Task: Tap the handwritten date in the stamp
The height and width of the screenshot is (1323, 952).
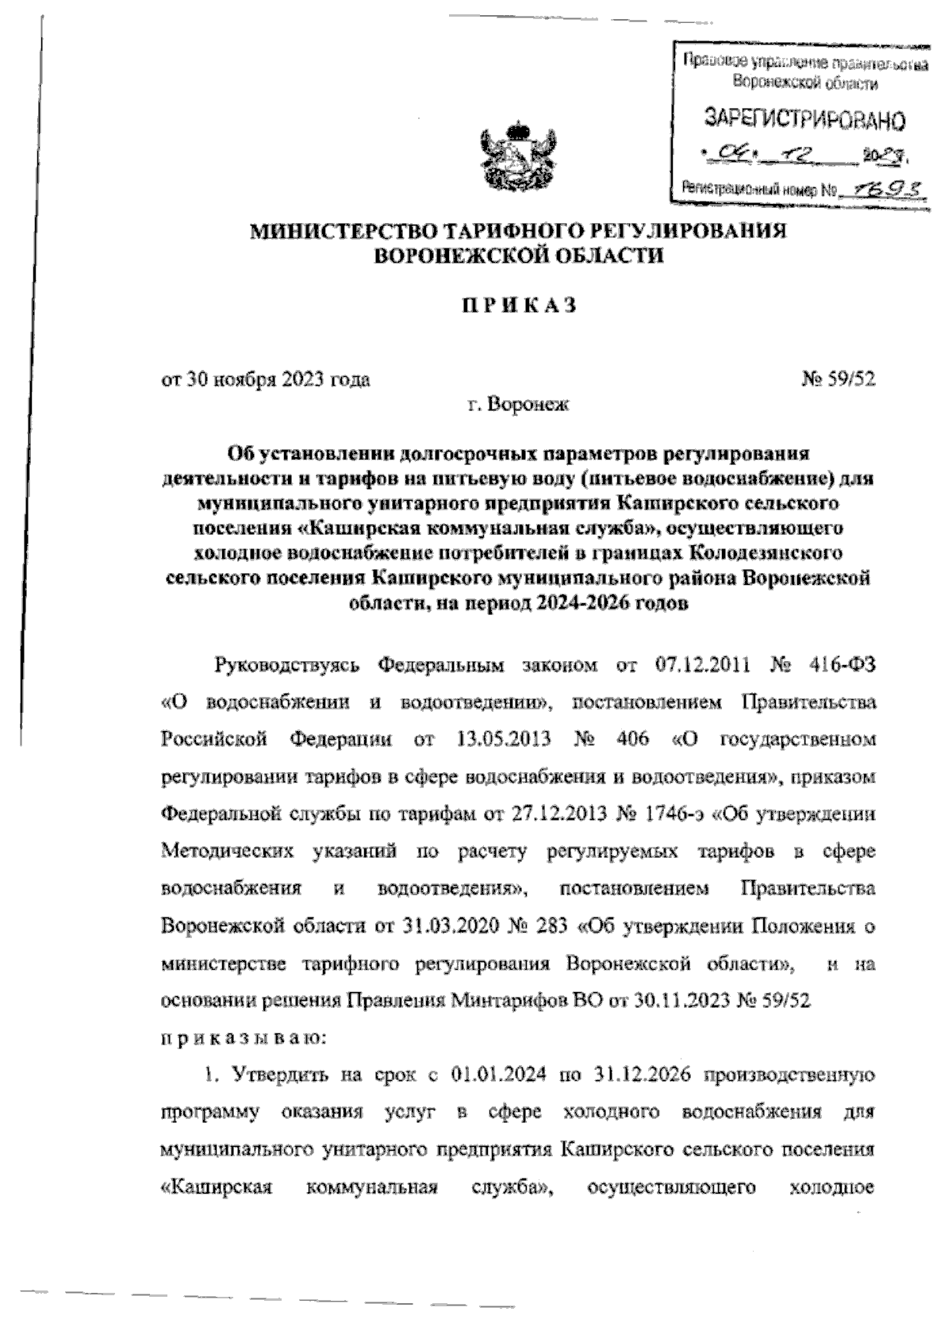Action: [x=801, y=152]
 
